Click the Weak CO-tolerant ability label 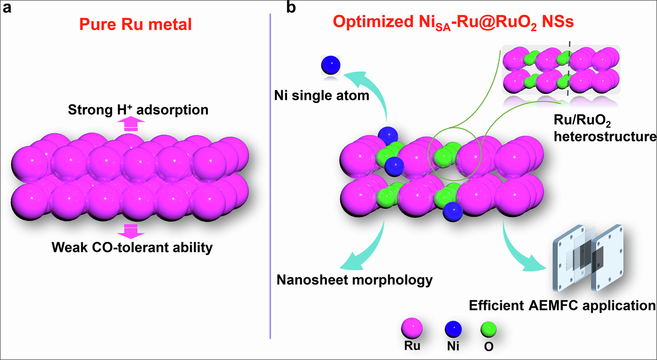132,248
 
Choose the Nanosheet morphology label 355,280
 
